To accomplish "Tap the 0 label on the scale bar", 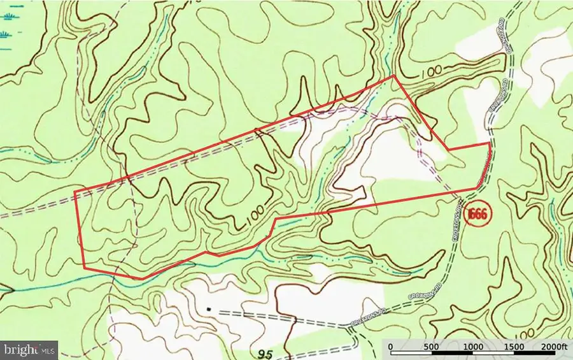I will [391, 346].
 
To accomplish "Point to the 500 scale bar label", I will [432, 346].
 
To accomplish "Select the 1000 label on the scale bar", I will [473, 346].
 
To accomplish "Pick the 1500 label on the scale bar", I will [514, 346].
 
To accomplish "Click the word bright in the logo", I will [22, 349].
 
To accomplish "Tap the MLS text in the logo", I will [48, 349].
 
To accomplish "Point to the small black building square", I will [208, 310].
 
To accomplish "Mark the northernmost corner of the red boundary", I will [394, 75].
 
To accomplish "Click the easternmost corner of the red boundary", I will [490, 143].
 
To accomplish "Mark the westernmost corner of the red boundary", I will [75, 192].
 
